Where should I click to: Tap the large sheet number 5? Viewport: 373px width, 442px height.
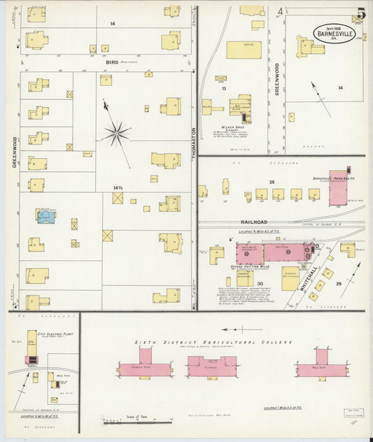[x=360, y=13]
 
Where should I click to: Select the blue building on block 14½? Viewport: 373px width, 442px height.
[x=46, y=218]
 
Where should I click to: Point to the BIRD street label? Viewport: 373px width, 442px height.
[x=113, y=62]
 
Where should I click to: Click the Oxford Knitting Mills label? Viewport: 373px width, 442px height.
[x=250, y=267]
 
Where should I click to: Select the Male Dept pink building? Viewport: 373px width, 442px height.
[x=321, y=368]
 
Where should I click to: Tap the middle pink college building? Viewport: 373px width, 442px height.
[x=212, y=366]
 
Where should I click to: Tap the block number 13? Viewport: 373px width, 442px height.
[x=223, y=89]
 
